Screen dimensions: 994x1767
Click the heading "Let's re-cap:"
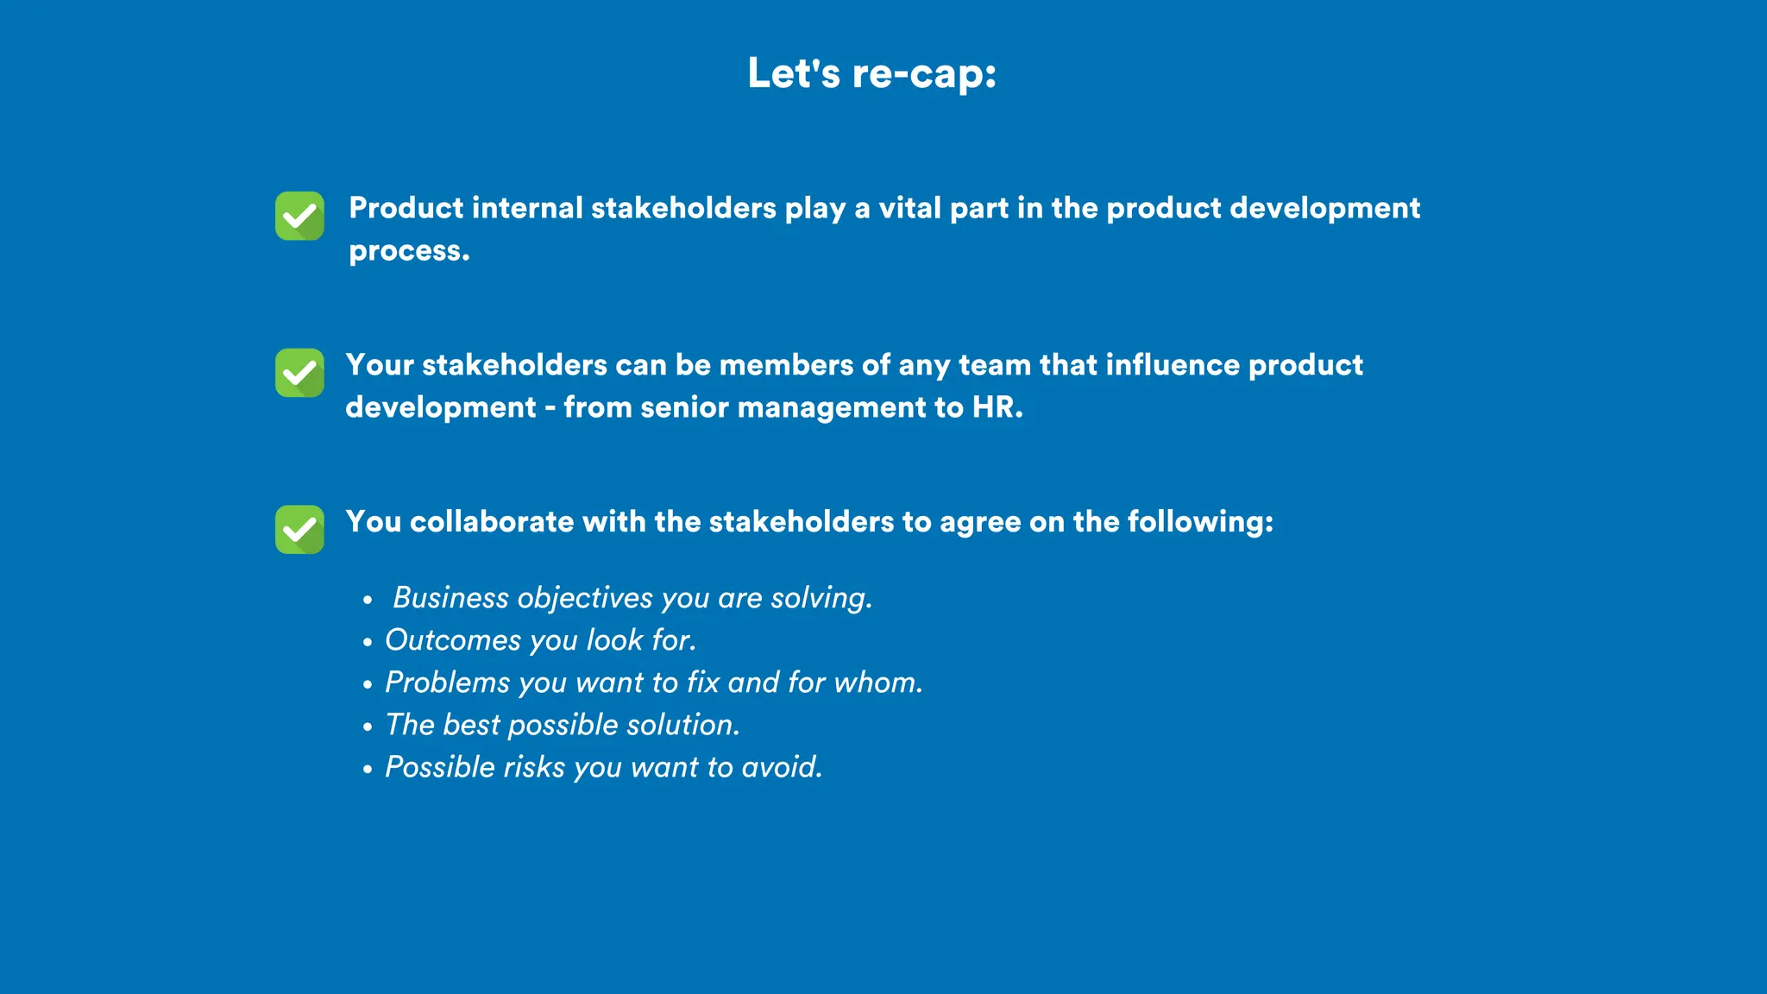pyautogui.click(x=871, y=73)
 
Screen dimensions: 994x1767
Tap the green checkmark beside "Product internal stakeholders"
pyautogui.click(x=299, y=216)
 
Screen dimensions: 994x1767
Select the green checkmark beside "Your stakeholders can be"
pyautogui.click(x=299, y=373)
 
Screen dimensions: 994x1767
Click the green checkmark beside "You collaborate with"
pyautogui.click(x=299, y=529)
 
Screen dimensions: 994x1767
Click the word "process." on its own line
pyautogui.click(x=409, y=251)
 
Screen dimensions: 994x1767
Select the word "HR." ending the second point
pyautogui.click(x=997, y=407)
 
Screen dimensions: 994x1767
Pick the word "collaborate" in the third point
pyautogui.click(x=492, y=521)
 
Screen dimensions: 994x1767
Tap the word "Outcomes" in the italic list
pyautogui.click(x=453, y=640)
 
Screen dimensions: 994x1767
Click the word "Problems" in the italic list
pyautogui.click(x=448, y=683)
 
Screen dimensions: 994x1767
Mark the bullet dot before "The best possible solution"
pyautogui.click(x=368, y=727)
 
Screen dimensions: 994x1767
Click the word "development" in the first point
pyautogui.click(x=1324, y=208)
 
